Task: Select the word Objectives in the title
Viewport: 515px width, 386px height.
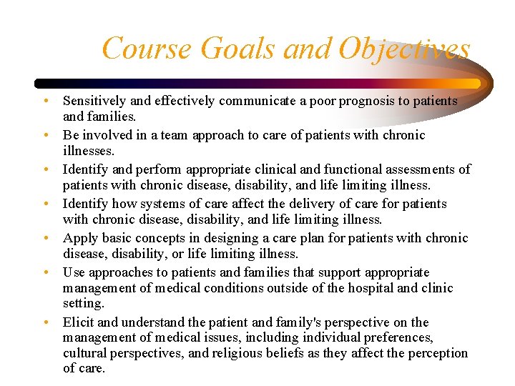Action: click(x=405, y=49)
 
